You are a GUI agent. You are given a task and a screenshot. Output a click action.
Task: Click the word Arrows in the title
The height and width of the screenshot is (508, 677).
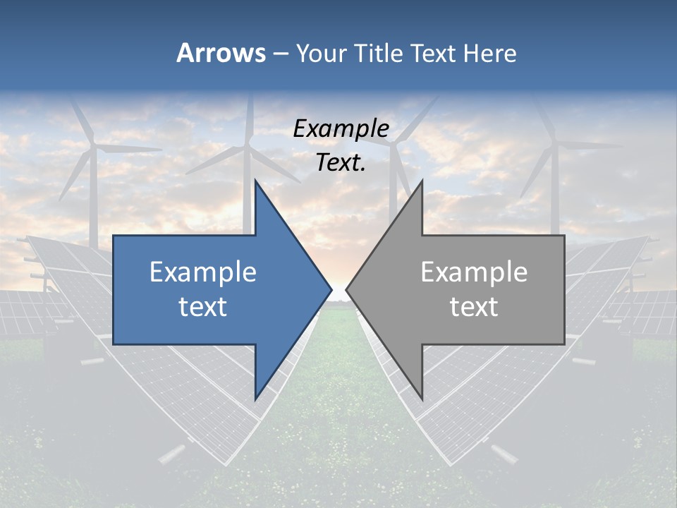click(221, 53)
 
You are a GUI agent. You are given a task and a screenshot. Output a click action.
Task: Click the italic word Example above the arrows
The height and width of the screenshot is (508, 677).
click(341, 128)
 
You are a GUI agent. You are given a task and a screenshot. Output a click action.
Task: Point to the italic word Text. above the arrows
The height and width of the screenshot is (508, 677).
click(341, 162)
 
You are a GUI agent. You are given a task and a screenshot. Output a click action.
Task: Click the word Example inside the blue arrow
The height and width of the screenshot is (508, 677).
click(203, 272)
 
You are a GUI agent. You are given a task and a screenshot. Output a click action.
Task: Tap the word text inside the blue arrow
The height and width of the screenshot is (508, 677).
click(203, 306)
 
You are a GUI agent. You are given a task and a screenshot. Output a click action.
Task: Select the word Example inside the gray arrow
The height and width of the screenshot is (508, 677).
click(474, 272)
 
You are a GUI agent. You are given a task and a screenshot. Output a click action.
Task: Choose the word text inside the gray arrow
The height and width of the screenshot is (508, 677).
click(474, 306)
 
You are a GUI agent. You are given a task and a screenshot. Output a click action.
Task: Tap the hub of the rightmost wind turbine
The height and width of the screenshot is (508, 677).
click(554, 145)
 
